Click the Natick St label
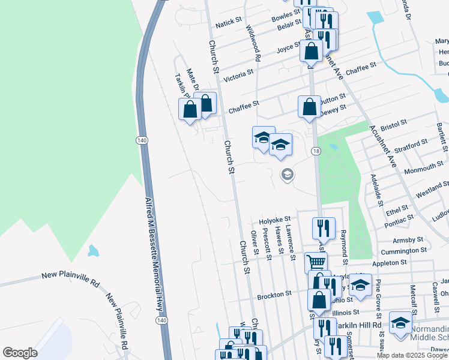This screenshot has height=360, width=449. [x=228, y=24]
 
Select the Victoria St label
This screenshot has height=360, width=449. [x=238, y=76]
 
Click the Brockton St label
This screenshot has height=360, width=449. [x=274, y=295]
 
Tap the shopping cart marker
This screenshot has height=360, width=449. [x=316, y=262]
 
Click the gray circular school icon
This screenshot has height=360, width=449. [x=287, y=175]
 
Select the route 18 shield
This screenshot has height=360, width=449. [x=316, y=151]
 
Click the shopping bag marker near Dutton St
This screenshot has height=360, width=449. [x=309, y=107]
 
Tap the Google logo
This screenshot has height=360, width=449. [x=20, y=352]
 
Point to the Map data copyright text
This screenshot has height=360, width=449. [x=412, y=355]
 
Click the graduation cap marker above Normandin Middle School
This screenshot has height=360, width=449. [x=400, y=323]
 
